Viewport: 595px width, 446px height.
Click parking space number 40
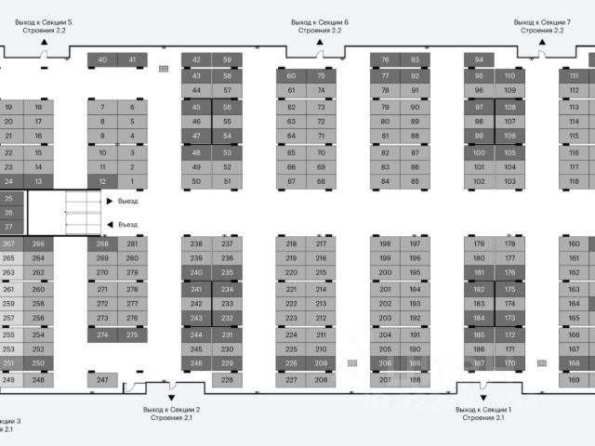102,60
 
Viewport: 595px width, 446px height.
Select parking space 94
479,60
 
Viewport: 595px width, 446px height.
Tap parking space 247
102,379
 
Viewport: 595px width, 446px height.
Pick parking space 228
227,379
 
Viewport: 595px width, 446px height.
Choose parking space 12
102,181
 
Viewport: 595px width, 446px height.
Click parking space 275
132,334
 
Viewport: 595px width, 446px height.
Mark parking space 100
480,151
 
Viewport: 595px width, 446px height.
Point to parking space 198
385,243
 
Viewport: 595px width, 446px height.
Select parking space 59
227,60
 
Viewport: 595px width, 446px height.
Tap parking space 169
575,379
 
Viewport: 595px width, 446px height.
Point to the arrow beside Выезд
110,201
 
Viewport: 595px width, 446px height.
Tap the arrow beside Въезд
110,224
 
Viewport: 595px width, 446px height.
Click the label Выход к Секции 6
319,25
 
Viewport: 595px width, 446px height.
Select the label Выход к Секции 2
172,413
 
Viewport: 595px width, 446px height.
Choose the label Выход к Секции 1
483,413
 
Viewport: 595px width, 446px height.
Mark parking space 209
321,363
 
